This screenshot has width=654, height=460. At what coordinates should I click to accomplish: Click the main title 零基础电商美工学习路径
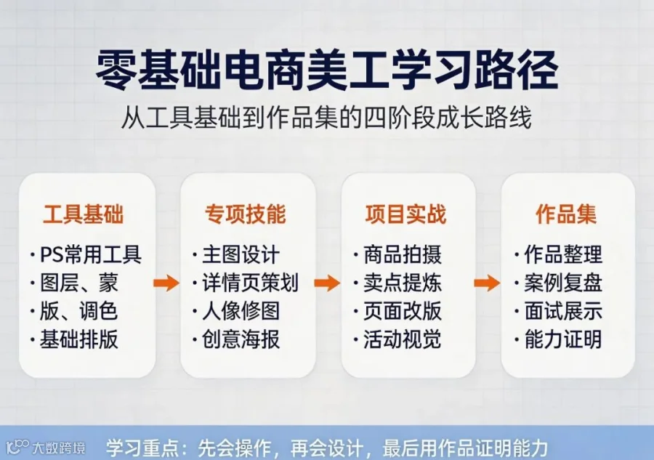pyautogui.click(x=327, y=70)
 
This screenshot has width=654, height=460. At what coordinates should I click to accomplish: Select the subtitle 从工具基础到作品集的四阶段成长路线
pyautogui.click(x=326, y=117)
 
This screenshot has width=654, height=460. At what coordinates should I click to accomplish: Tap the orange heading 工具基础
pyautogui.click(x=84, y=214)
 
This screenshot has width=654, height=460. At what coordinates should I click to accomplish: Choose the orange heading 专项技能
pyautogui.click(x=246, y=214)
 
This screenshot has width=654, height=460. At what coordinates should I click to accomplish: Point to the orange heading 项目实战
pyautogui.click(x=405, y=214)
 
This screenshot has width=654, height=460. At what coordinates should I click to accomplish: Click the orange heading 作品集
pyautogui.click(x=566, y=214)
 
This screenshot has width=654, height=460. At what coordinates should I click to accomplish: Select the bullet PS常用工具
pyautogui.click(x=91, y=254)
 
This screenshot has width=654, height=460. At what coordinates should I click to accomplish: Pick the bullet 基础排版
pyautogui.click(x=78, y=339)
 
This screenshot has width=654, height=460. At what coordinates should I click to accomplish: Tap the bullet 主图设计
pyautogui.click(x=241, y=254)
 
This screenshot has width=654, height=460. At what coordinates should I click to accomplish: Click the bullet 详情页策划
pyautogui.click(x=250, y=283)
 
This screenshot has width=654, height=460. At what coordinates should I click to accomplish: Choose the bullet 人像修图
pyautogui.click(x=241, y=311)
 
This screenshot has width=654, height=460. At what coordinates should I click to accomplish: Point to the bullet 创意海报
pyautogui.click(x=241, y=339)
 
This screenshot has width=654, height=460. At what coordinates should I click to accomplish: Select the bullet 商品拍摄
pyautogui.click(x=402, y=254)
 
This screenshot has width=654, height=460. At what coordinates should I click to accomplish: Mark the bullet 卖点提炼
pyautogui.click(x=402, y=283)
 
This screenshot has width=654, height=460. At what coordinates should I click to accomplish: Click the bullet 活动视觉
pyautogui.click(x=402, y=339)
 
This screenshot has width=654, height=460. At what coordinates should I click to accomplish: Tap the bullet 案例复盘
pyautogui.click(x=563, y=283)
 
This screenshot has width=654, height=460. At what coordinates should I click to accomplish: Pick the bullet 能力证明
pyautogui.click(x=563, y=339)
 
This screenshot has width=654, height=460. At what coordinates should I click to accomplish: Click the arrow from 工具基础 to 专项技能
pyautogui.click(x=166, y=283)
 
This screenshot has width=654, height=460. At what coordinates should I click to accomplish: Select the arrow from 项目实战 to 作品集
pyautogui.click(x=487, y=283)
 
